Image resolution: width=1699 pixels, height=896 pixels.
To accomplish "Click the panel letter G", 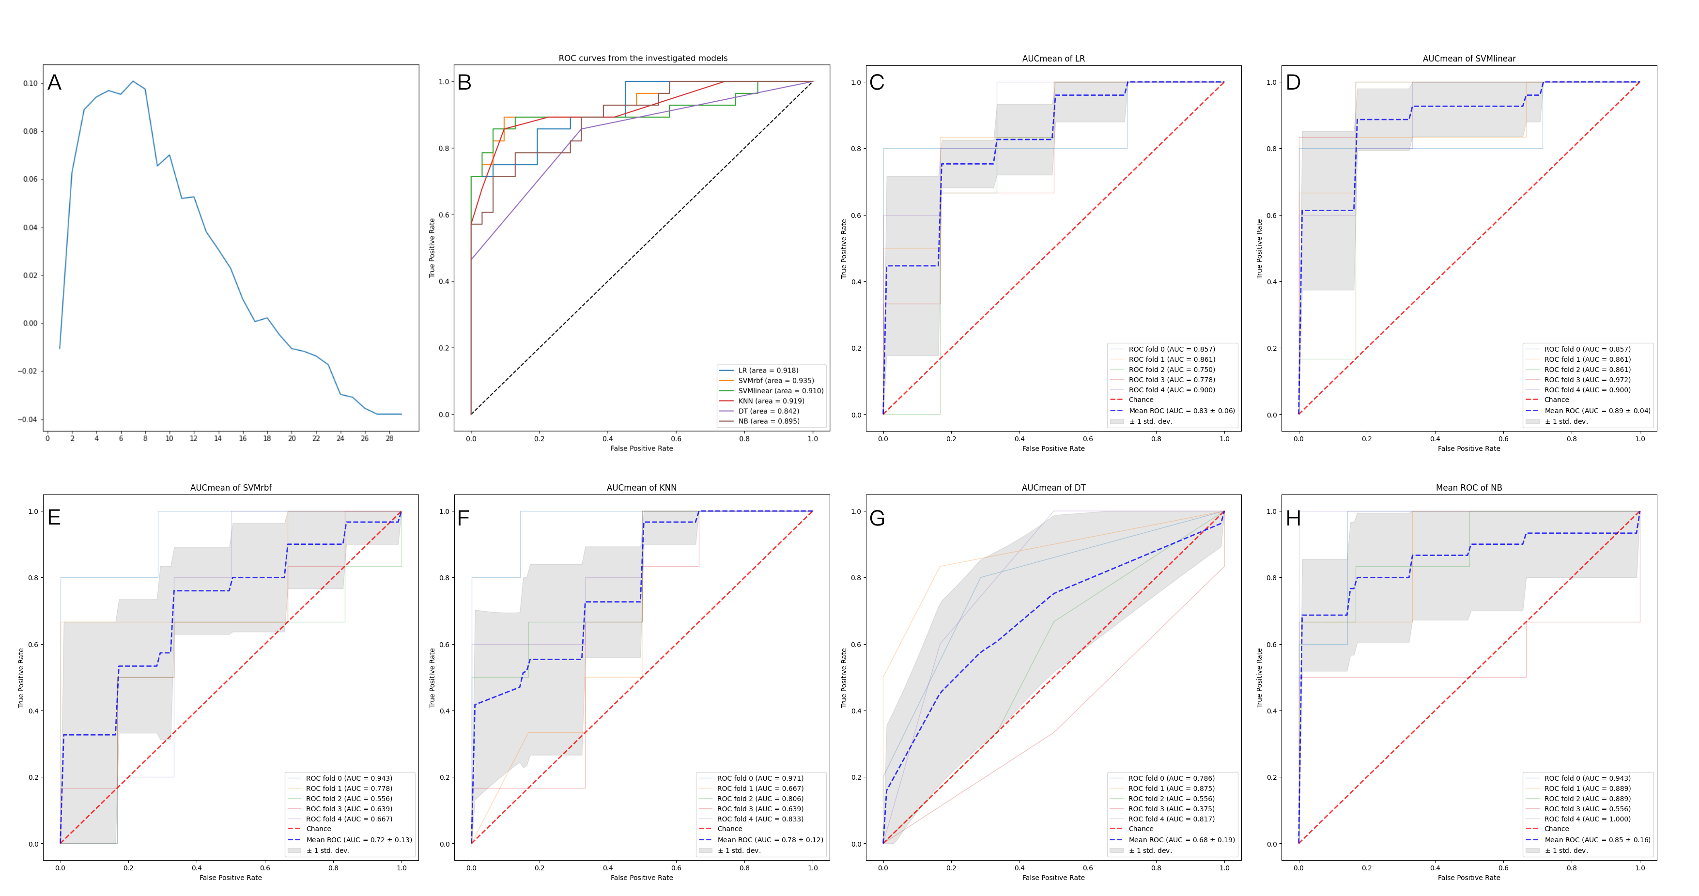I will pos(877,518).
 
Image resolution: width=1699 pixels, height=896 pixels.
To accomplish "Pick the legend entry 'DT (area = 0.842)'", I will pos(768,411).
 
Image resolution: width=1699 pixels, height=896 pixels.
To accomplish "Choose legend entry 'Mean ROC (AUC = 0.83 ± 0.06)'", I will pos(1181,410).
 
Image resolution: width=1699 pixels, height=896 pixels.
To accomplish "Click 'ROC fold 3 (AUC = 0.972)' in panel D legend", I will pos(1586,379).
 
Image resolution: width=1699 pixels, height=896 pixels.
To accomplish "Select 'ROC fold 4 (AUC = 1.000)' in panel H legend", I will pos(1586,819).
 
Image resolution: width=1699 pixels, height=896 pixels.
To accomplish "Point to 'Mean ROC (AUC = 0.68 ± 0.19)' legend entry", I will pos(1181,840).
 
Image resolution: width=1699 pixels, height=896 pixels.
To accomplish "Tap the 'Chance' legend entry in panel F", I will pos(729,829).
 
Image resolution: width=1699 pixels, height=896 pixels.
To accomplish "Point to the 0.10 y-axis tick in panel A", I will pos(31,83).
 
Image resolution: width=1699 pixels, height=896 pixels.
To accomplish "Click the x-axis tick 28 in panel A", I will pos(390,438).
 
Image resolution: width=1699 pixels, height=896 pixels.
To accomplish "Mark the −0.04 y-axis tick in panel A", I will pos(28,419).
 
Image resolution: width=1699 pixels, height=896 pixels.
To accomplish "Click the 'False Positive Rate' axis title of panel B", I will pos(642,448).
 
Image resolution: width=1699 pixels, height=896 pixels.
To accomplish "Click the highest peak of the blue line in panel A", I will pos(133,81).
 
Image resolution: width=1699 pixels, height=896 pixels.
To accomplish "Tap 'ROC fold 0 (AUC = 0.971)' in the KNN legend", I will pos(760,779).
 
